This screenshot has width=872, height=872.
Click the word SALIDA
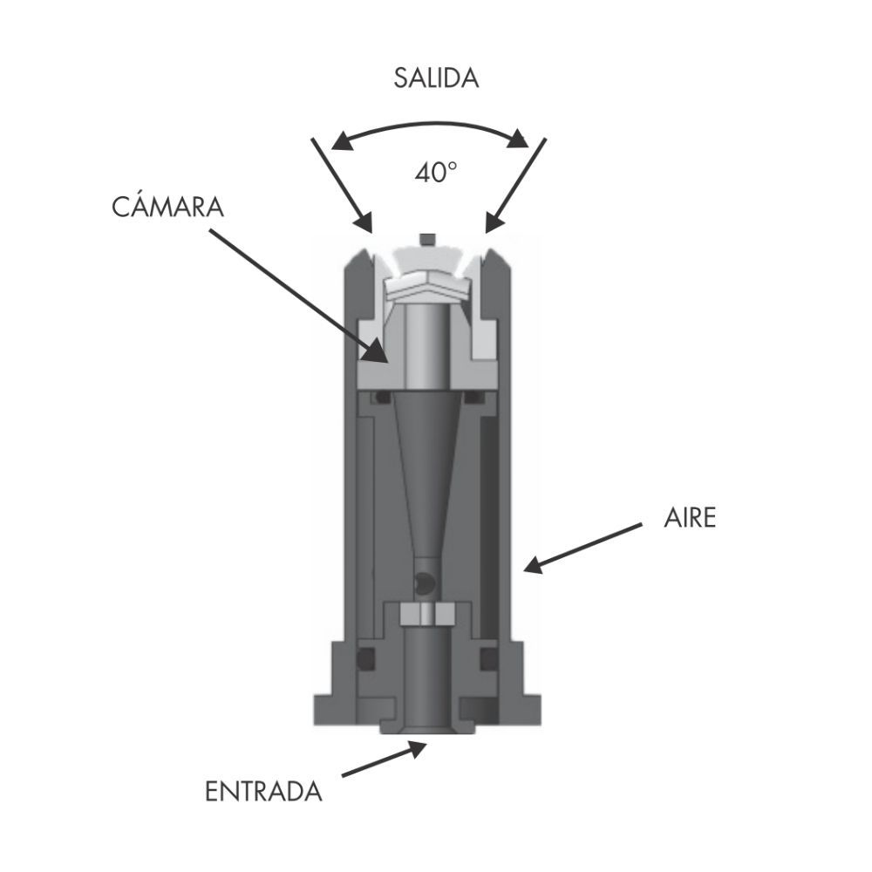click(436, 78)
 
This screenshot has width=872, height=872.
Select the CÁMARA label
click(167, 206)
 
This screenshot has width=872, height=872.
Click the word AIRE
click(690, 518)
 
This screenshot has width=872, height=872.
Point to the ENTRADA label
click(263, 792)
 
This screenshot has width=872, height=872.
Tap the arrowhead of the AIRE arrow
click(534, 565)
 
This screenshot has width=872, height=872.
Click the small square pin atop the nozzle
click(427, 240)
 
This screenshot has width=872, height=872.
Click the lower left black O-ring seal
click(364, 659)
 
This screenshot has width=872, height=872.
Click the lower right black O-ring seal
click(489, 659)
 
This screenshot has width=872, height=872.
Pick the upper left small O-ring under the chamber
click(383, 397)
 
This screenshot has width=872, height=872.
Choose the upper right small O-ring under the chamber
click(473, 397)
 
